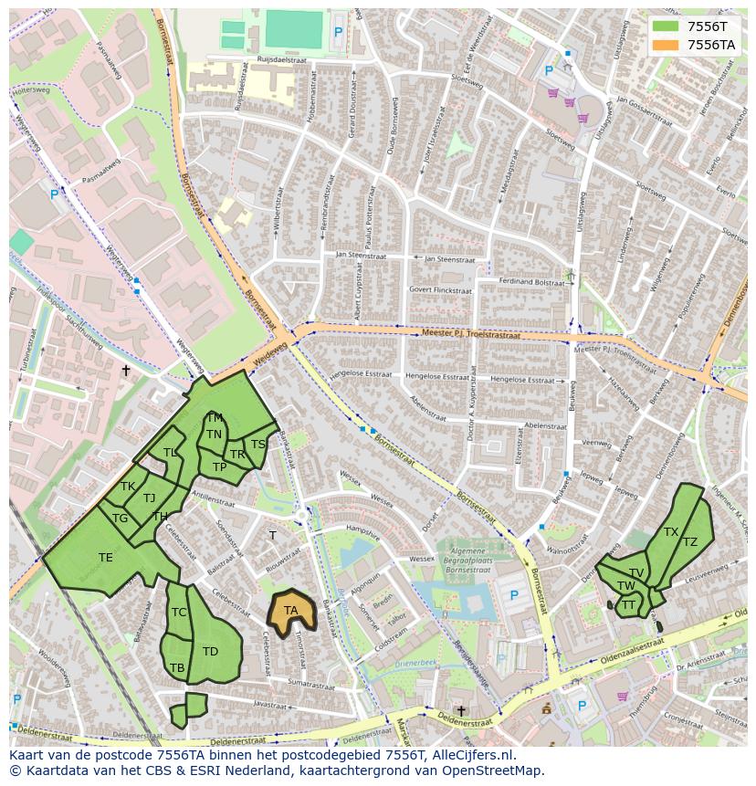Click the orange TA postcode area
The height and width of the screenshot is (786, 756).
(290, 611)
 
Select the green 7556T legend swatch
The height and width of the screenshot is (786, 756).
(666, 26)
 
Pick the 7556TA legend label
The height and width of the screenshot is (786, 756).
(710, 45)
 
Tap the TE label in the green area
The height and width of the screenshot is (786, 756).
(106, 558)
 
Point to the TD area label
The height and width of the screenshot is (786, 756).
(210, 651)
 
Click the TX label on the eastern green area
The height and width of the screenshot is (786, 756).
(671, 531)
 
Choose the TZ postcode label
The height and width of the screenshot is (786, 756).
(690, 542)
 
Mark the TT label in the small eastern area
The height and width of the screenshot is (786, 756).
(628, 604)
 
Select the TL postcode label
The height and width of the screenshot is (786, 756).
(170, 453)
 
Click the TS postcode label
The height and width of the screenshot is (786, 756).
(258, 445)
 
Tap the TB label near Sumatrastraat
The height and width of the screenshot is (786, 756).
(177, 668)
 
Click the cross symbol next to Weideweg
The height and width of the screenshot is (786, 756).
(126, 370)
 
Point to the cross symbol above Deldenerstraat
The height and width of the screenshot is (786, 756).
(461, 711)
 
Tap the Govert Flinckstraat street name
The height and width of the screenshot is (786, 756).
(441, 290)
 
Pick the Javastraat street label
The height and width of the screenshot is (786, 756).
(271, 705)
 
